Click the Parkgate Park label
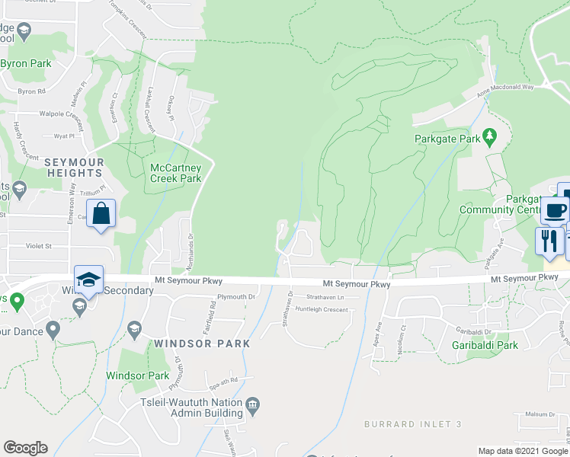click(x=447, y=139)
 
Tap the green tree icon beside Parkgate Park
click(x=490, y=138)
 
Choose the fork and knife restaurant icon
click(x=549, y=240)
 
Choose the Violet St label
click(x=37, y=246)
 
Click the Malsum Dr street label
click(x=541, y=414)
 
